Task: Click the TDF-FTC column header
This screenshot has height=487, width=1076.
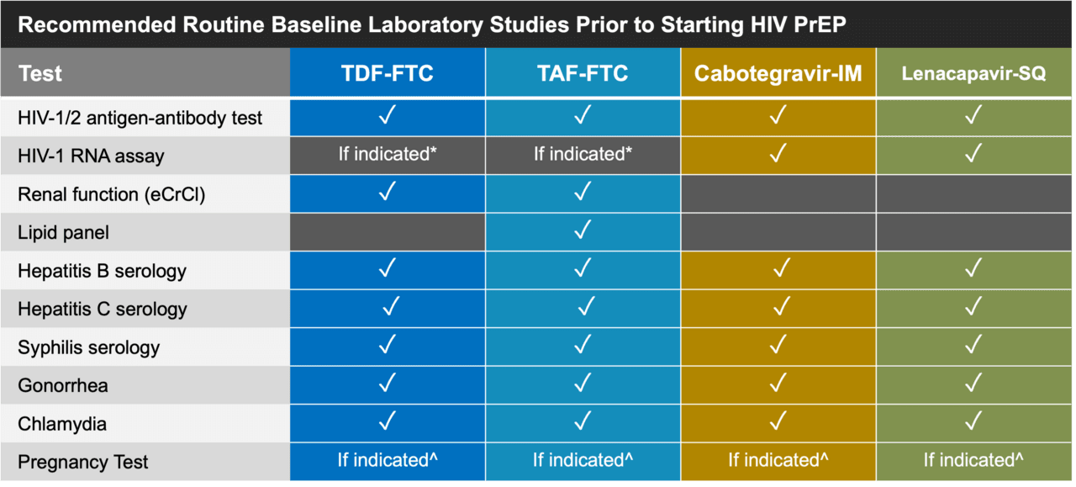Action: click(x=388, y=73)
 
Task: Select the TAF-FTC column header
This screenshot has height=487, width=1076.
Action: click(x=583, y=73)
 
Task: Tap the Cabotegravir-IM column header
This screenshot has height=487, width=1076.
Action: click(x=778, y=73)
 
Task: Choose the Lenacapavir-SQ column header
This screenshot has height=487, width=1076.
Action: click(x=973, y=73)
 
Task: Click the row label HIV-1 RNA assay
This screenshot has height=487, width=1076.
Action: click(x=91, y=156)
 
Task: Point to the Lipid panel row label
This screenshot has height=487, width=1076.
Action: click(x=63, y=233)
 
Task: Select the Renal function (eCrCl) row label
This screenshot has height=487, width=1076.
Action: click(x=112, y=194)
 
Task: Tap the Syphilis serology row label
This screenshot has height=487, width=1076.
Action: click(x=88, y=347)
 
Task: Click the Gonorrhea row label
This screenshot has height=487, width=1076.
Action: click(x=63, y=385)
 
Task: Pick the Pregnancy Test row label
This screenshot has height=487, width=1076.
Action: click(x=82, y=462)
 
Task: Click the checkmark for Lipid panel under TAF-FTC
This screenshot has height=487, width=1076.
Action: click(x=583, y=230)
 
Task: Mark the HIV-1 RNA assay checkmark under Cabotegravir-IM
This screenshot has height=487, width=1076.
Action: click(x=778, y=153)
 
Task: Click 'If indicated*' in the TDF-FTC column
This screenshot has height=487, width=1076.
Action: click(x=388, y=154)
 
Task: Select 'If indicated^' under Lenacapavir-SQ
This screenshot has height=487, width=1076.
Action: click(x=973, y=460)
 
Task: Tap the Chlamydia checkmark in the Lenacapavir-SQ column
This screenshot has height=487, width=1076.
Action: click(x=973, y=421)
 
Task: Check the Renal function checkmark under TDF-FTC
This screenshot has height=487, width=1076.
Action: click(x=388, y=191)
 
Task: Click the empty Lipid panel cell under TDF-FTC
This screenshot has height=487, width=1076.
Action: click(x=388, y=232)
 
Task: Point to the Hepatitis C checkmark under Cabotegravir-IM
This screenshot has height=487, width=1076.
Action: click(x=782, y=306)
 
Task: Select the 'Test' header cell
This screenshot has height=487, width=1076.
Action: click(x=145, y=72)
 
